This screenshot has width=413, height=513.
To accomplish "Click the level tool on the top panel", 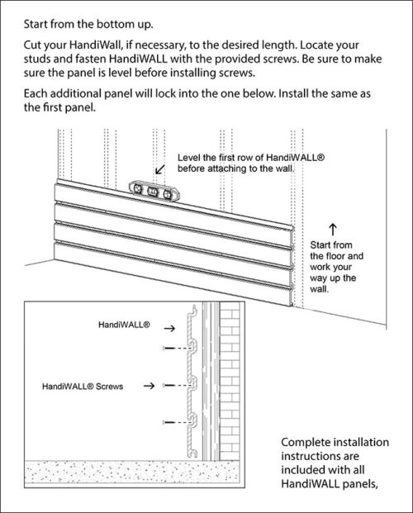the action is click(154, 191).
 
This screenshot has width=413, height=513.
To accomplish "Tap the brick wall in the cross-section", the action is click(226, 380).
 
